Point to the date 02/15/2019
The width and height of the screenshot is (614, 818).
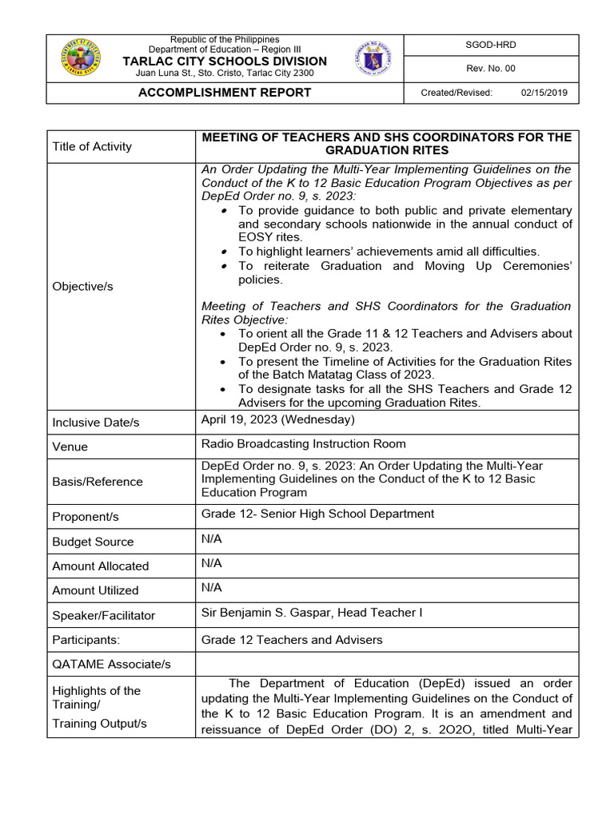(544, 93)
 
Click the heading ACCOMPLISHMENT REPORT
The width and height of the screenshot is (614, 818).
(225, 93)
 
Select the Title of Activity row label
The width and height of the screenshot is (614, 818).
(92, 146)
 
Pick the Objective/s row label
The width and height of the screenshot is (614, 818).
(82, 286)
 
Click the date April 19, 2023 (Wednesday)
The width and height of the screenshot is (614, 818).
(277, 419)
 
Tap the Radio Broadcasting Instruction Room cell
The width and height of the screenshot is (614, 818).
(303, 444)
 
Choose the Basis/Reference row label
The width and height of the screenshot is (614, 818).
(97, 482)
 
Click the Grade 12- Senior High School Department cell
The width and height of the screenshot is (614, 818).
(317, 514)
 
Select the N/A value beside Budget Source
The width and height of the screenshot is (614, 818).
(211, 539)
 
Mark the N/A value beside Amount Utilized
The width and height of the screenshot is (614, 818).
(211, 588)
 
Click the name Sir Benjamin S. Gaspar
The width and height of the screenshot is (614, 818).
(271, 613)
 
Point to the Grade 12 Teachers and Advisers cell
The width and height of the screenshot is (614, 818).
(292, 640)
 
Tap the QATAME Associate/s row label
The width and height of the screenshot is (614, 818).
(111, 665)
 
